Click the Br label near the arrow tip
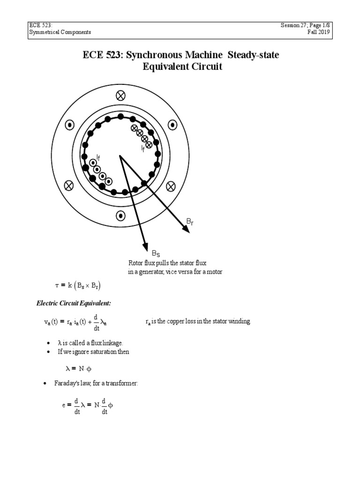(x=189, y=221)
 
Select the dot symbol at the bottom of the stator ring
(x=121, y=216)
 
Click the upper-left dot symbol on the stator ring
(x=69, y=125)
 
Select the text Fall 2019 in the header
(x=345, y=32)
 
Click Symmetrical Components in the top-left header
(x=59, y=32)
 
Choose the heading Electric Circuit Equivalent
(x=74, y=303)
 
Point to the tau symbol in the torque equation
(x=57, y=285)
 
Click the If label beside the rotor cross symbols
(x=143, y=149)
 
